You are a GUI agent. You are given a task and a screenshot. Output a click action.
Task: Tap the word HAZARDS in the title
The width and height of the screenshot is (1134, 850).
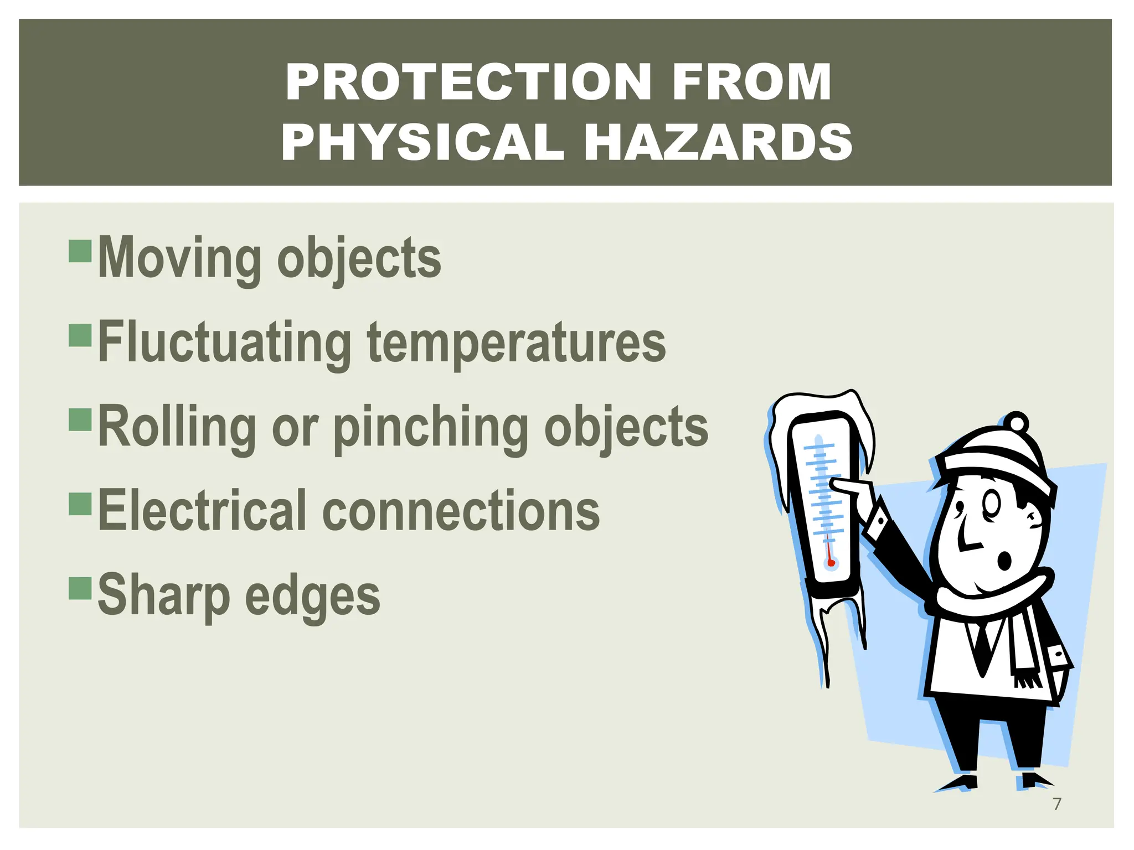(x=718, y=142)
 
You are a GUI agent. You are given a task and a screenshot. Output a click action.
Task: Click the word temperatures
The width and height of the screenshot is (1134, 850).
(x=516, y=344)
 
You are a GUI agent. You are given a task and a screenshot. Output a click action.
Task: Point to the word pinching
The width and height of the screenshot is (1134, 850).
(x=431, y=428)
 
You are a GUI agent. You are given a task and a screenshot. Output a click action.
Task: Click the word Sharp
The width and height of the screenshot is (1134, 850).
(x=164, y=597)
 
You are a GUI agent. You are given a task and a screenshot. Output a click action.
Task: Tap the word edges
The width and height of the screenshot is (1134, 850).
(x=312, y=597)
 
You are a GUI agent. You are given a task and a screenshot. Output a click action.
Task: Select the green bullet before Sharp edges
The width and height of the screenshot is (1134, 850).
(x=80, y=588)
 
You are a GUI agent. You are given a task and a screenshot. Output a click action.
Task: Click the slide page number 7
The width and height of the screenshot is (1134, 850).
(x=1056, y=804)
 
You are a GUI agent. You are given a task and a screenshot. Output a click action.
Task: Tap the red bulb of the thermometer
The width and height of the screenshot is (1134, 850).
(x=831, y=563)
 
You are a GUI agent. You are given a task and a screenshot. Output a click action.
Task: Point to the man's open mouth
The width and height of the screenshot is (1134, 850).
(x=1004, y=560)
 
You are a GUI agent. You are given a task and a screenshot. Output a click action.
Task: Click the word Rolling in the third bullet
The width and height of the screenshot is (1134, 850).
(x=177, y=428)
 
